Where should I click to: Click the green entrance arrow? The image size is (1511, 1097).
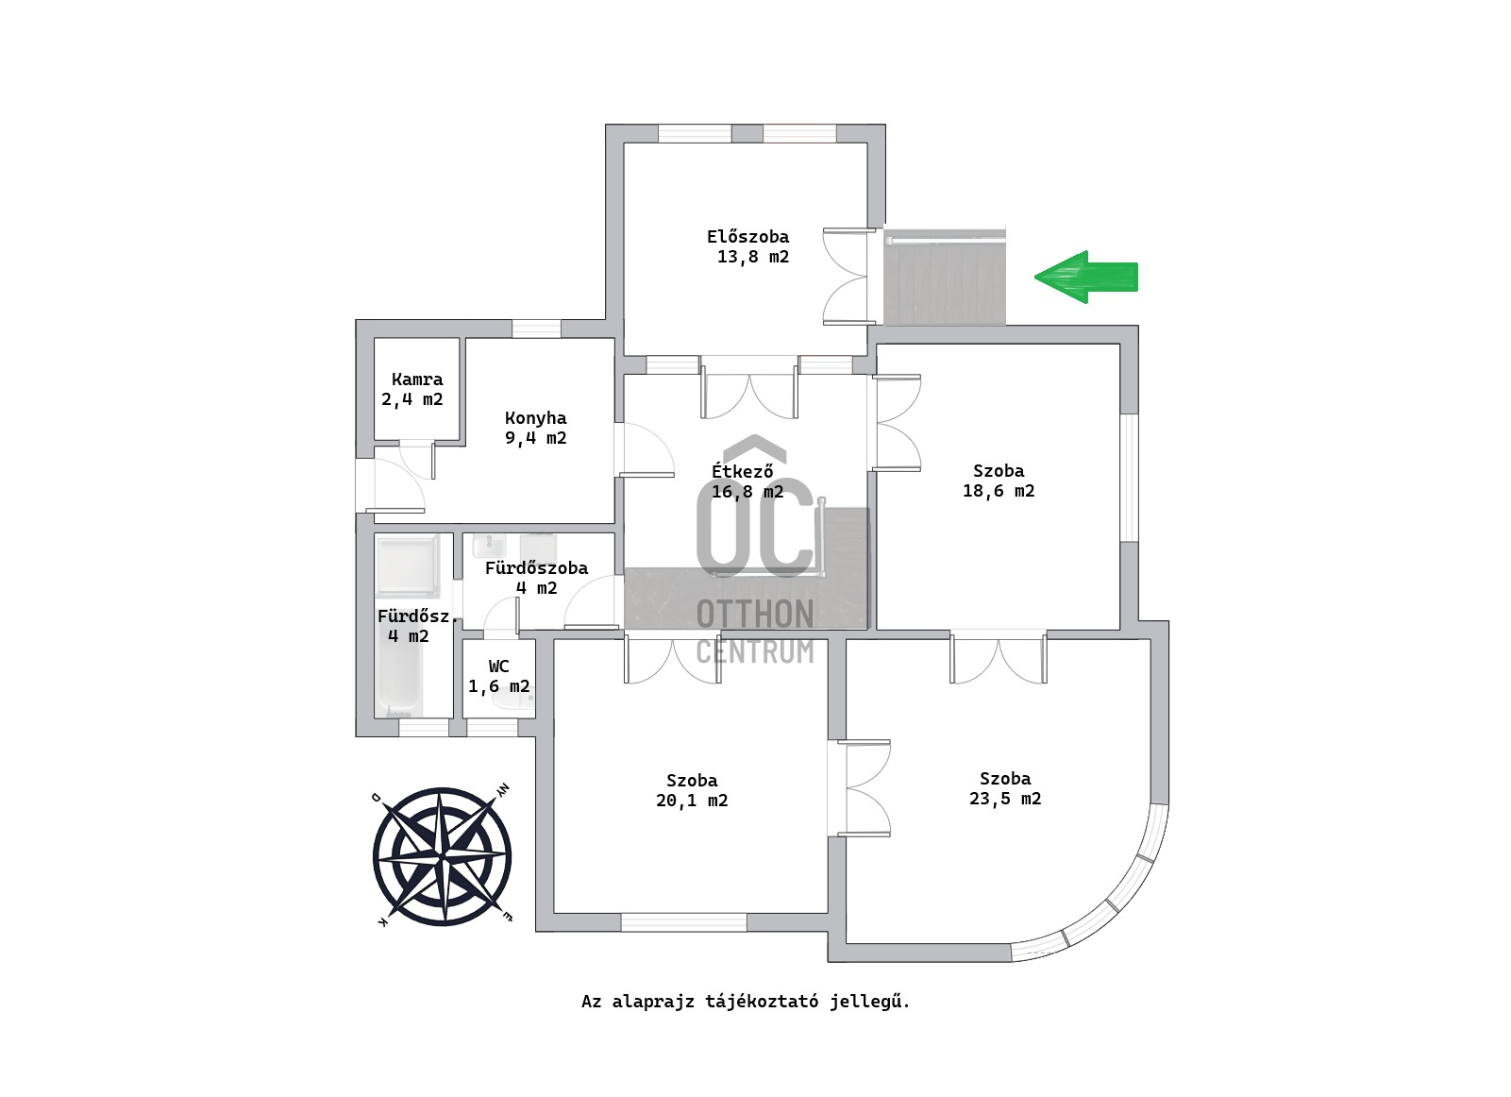[x=1086, y=278]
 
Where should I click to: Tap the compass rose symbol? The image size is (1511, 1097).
[x=442, y=857]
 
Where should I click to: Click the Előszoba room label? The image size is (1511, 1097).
[x=748, y=237]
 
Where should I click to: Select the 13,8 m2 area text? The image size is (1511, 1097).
[x=753, y=257]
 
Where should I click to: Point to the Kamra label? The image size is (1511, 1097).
[x=417, y=380]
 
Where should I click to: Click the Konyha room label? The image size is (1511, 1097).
[x=535, y=418]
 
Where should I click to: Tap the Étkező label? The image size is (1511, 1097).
[x=743, y=471]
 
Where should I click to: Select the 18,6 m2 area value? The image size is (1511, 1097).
[x=999, y=491]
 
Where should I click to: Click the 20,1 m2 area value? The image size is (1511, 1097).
[x=692, y=801]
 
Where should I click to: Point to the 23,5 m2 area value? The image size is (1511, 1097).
[x=1005, y=799]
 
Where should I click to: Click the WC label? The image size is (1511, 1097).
[x=498, y=667]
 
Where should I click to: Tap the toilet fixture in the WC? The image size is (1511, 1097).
[x=512, y=699]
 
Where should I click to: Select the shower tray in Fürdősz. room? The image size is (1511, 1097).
[x=409, y=565]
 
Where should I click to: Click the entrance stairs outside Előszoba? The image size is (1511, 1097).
[x=945, y=278]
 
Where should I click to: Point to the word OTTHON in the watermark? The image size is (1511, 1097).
[x=755, y=615]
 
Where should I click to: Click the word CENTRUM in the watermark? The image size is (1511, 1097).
[x=755, y=652]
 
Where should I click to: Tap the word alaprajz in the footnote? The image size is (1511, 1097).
[x=650, y=1002]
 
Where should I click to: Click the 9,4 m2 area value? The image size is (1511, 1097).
[x=535, y=439]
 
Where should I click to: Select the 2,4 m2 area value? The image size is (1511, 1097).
[x=412, y=399]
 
